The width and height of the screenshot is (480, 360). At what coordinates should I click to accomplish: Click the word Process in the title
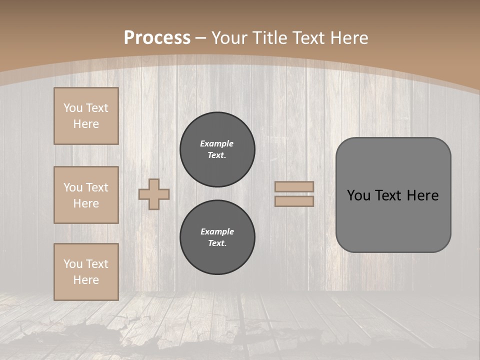[157, 38]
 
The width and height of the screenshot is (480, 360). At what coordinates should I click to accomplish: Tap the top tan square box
[86, 116]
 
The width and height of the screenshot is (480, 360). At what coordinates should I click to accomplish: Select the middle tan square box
[86, 195]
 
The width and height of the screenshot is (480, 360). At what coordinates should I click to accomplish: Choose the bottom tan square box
[86, 271]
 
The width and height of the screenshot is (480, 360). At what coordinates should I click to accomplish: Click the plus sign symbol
[154, 194]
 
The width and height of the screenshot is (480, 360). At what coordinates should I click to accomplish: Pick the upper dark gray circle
[217, 149]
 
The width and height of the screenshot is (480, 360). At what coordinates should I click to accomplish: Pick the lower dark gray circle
[217, 237]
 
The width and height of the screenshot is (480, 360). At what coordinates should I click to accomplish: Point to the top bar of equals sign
[294, 187]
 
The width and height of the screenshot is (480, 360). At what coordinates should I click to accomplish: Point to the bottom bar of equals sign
[294, 201]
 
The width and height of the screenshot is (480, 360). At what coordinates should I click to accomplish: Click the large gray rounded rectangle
[393, 220]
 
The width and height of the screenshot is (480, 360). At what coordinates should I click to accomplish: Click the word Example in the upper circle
[216, 143]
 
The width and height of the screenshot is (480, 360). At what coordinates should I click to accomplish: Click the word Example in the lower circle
[217, 231]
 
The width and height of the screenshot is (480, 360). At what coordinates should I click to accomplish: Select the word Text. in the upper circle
[217, 155]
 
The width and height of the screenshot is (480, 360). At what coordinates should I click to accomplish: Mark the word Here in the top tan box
[86, 124]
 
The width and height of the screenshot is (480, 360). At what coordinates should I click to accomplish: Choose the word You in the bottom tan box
[73, 263]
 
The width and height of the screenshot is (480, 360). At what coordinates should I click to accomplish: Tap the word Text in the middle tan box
[96, 187]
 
